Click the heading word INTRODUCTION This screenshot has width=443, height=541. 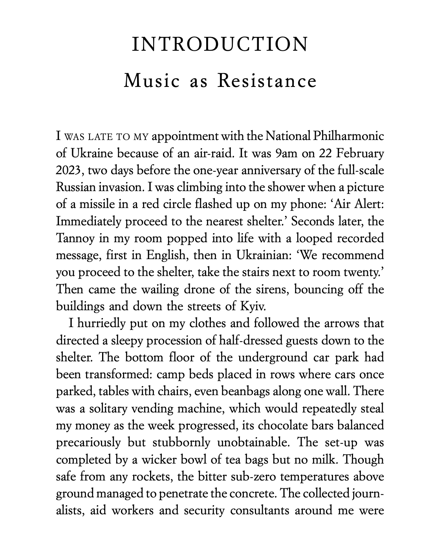pos(220,44)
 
